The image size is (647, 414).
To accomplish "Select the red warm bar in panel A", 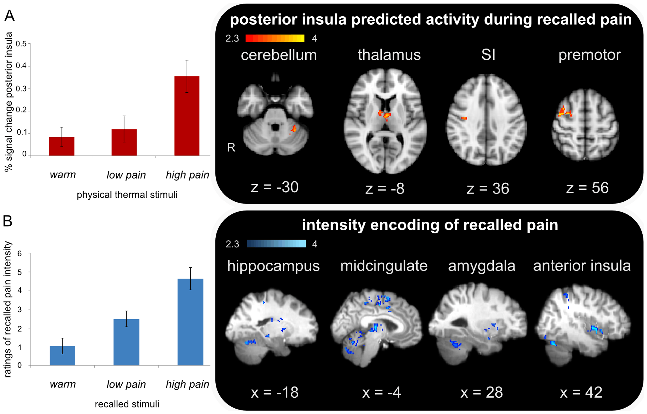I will click(62, 146).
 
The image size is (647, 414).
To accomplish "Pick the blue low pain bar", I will click(126, 342).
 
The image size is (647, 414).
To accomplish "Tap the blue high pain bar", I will click(191, 322).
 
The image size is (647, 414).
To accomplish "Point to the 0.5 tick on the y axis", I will click(21, 44).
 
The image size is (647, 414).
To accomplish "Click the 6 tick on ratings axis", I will click(20, 254).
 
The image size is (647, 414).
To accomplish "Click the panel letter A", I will click(9, 16).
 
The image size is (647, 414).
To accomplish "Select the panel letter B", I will click(8, 221).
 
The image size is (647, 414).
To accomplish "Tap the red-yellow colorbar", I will click(275, 38).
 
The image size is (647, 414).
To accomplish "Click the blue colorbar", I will click(276, 244).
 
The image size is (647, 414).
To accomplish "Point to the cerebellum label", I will click(279, 55).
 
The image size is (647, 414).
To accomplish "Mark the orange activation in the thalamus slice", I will click(385, 115).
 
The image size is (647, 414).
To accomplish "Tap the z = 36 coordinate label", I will click(488, 189).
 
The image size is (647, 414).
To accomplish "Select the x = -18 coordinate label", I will click(275, 392).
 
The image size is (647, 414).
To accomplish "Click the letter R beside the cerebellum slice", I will click(231, 148).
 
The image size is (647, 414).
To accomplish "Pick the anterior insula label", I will click(582, 266).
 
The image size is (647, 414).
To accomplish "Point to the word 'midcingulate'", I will click(384, 266).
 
